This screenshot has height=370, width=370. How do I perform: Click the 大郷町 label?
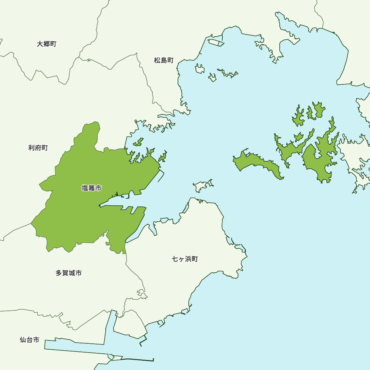coord(47,44)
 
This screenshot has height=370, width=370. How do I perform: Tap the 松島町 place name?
coord(164,60)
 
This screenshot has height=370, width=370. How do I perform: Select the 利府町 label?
coord(38,148)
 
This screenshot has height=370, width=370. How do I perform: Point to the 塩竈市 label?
coord(91,188)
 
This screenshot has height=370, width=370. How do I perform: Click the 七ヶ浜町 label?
coord(185,259)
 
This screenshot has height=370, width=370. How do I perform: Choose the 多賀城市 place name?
coord(69,273)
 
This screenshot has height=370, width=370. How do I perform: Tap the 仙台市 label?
coord(30,340)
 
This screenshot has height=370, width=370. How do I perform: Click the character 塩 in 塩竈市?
coord(85,188)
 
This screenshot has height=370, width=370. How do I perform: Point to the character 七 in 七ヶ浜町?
coord(175,259)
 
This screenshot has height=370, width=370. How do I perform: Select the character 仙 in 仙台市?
coord(23,340)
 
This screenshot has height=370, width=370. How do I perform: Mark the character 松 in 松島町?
coord(157,60)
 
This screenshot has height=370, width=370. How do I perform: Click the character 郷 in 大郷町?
coord(47,44)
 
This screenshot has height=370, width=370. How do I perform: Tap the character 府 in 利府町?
coord(38,148)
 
